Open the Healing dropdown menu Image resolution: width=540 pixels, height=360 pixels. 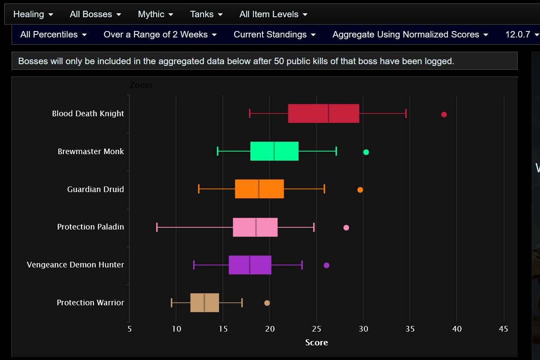[x=33, y=14]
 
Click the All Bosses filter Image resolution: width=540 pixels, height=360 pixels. [x=95, y=14]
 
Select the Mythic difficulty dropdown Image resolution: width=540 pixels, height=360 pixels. [x=155, y=14]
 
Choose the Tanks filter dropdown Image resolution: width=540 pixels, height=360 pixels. [x=206, y=14]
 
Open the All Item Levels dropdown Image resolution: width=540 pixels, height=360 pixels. [x=273, y=14]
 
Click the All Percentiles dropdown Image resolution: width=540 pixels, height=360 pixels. [x=53, y=34]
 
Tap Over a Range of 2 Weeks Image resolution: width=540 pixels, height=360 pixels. [x=160, y=34]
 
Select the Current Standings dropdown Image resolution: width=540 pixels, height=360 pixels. [x=275, y=34]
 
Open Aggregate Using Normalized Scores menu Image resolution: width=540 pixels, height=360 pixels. [x=410, y=34]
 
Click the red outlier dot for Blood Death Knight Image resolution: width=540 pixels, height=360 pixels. [x=444, y=115]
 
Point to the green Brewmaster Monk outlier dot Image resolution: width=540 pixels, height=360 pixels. [x=366, y=152]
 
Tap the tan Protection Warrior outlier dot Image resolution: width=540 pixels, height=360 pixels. [x=267, y=303]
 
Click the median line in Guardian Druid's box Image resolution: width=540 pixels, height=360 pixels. [x=259, y=189]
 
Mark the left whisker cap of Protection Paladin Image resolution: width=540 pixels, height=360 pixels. [x=157, y=227]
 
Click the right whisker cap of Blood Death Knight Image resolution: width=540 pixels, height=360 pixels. [x=406, y=113]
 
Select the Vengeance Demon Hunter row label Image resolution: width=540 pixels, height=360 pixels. [x=75, y=265]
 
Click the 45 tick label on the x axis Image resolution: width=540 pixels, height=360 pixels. [x=503, y=329]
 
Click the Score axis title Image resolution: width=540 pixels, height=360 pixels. [x=317, y=342]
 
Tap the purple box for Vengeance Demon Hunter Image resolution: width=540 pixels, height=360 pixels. [x=250, y=265]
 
